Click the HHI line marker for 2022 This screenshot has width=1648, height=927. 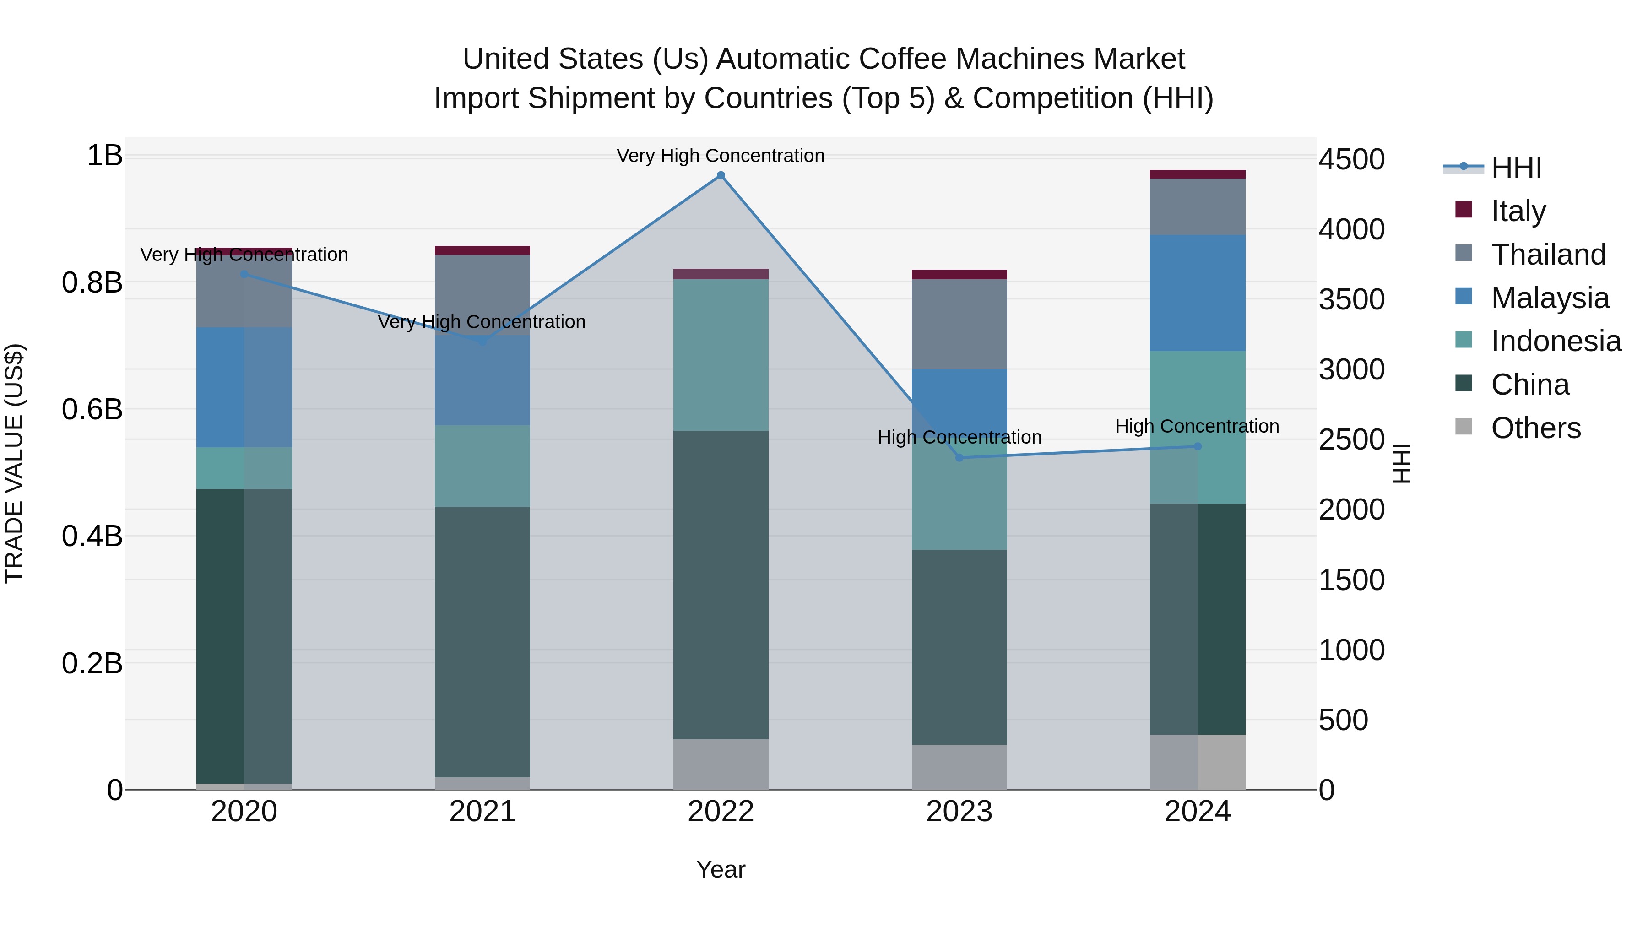click(x=721, y=175)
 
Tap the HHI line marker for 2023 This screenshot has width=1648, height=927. click(x=959, y=457)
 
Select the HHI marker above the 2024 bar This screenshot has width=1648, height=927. click(x=1198, y=446)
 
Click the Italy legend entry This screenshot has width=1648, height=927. click(x=1518, y=211)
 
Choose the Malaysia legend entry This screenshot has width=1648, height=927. click(x=1550, y=298)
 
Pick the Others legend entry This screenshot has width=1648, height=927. click(x=1535, y=428)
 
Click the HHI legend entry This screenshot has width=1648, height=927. click(x=1516, y=168)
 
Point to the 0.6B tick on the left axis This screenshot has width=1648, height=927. click(x=92, y=409)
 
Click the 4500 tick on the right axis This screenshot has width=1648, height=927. click(x=1351, y=159)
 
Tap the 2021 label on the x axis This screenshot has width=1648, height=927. click(x=482, y=812)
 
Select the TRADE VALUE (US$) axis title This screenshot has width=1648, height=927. click(x=14, y=463)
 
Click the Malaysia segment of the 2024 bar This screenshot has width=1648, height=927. click(x=1198, y=293)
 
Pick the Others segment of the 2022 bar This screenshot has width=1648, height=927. click(x=721, y=764)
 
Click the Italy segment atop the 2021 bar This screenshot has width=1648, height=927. click(x=482, y=250)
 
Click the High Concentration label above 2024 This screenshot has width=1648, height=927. click(x=1197, y=426)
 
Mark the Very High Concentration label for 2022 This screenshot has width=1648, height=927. click(x=721, y=156)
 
